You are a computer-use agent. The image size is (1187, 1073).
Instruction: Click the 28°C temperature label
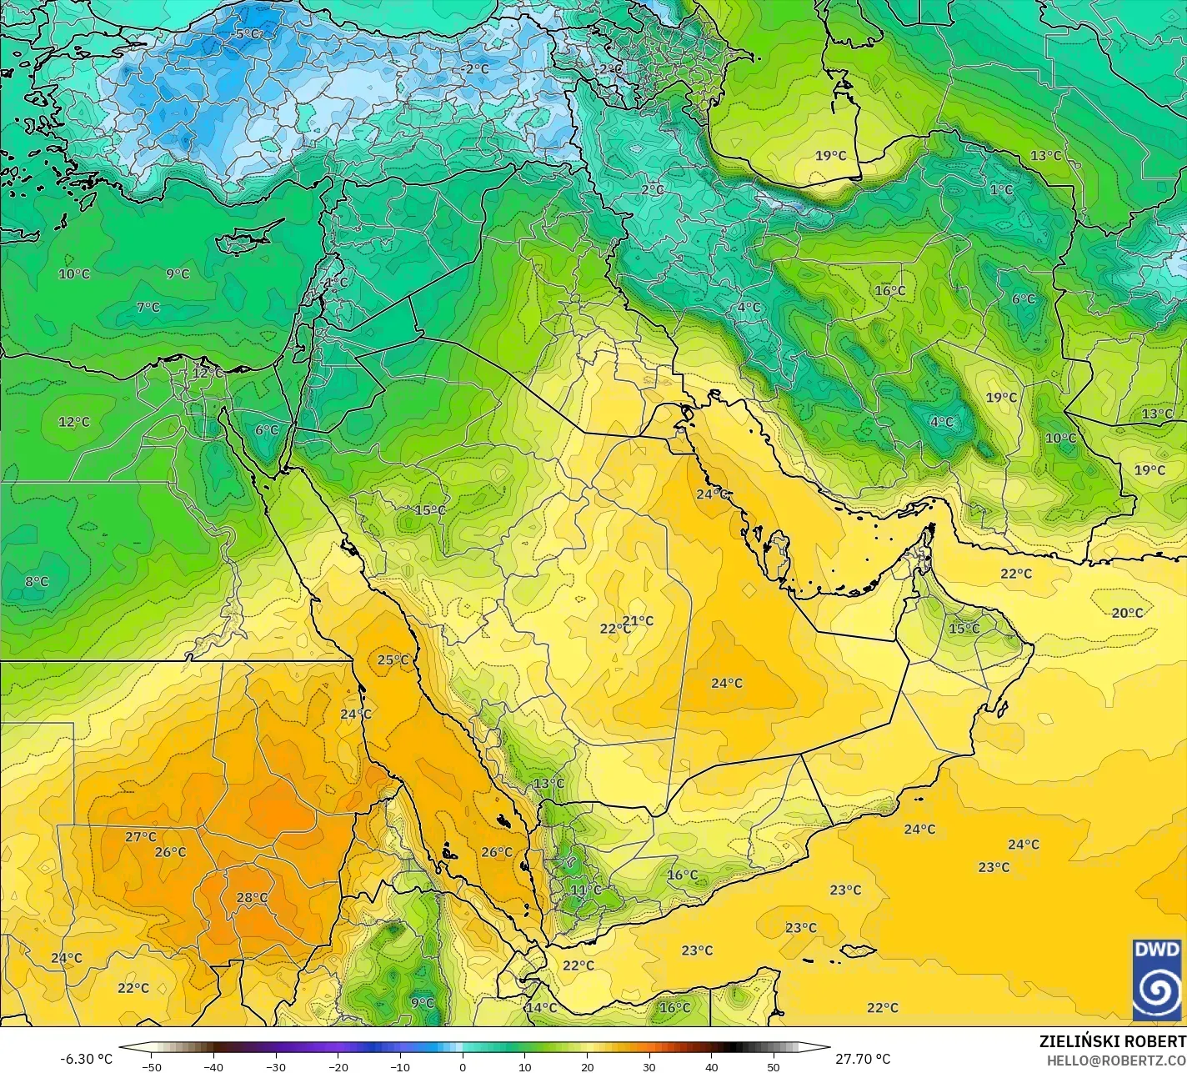click(x=252, y=898)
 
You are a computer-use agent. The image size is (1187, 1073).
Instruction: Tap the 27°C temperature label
click(x=141, y=836)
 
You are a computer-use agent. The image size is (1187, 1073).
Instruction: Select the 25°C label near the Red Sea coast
click(x=393, y=660)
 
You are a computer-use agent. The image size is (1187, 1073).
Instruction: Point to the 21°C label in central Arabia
click(x=639, y=620)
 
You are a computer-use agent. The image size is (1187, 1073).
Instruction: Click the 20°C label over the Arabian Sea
click(x=1127, y=613)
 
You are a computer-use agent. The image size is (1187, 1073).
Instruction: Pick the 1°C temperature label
click(x=1001, y=190)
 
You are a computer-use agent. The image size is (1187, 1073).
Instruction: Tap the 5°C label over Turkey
click(x=248, y=34)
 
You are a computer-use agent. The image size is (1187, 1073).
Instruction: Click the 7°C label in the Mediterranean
click(x=148, y=308)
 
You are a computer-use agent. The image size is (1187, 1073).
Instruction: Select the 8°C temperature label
click(x=37, y=581)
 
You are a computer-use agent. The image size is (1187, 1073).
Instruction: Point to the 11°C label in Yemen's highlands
click(x=586, y=890)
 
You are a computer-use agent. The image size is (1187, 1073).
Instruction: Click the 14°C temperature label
click(x=540, y=1008)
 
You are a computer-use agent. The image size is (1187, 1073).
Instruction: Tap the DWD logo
click(x=1158, y=979)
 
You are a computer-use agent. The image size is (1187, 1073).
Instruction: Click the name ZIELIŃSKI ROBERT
click(x=1112, y=1042)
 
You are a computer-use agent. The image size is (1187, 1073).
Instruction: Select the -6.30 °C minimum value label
click(x=86, y=1059)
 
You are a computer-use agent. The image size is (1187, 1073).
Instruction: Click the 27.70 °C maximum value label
click(x=864, y=1059)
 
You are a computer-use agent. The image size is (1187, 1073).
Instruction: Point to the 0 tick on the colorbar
click(x=463, y=1066)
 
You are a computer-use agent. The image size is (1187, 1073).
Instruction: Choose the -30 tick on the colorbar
click(x=276, y=1066)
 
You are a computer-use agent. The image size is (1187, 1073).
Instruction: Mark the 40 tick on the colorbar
click(x=711, y=1066)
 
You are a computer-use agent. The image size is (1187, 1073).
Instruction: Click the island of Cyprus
click(x=242, y=240)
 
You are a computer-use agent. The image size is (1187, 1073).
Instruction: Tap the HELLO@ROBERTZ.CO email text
click(x=1117, y=1060)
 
